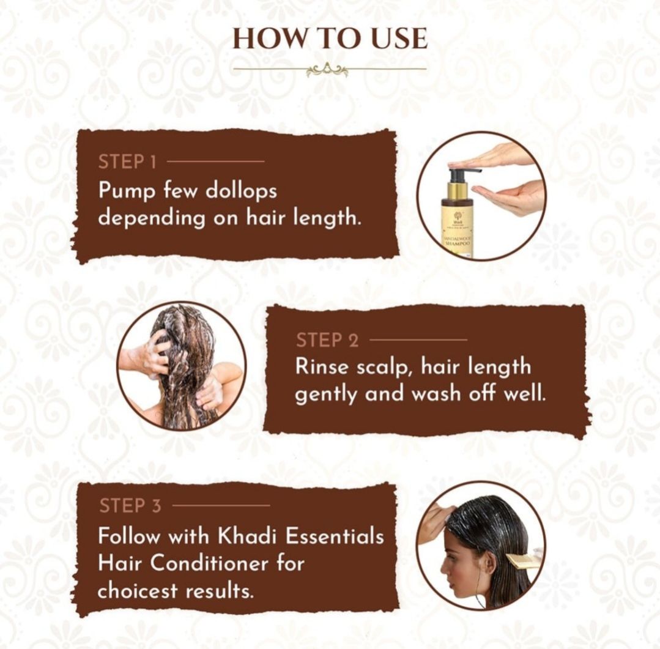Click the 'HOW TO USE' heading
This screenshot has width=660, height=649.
click(x=330, y=39)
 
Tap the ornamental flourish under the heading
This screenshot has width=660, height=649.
click(x=327, y=70)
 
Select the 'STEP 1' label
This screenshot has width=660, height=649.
click(x=127, y=161)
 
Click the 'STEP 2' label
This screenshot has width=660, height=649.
click(x=327, y=340)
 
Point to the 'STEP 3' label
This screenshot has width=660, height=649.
click(x=130, y=505)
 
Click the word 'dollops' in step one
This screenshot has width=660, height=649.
click(x=241, y=191)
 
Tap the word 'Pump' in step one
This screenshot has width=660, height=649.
click(x=127, y=191)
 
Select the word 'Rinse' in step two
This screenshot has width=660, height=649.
click(x=322, y=366)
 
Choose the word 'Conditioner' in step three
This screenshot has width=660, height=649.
click(x=209, y=563)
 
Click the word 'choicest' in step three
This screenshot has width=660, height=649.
click(x=137, y=590)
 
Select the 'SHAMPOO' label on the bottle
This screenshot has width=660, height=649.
click(x=458, y=243)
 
